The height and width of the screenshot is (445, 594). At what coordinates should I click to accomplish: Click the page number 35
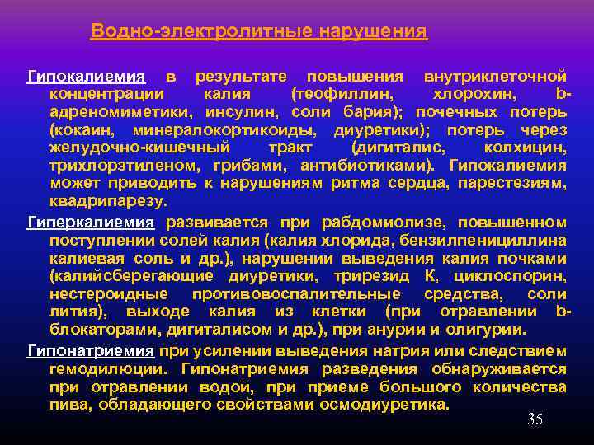pyautogui.click(x=535, y=420)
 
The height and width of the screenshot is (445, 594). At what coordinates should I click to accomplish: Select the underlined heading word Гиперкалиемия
pyautogui.click(x=91, y=222)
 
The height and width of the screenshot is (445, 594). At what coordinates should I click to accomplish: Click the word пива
pyautogui.click(x=69, y=405)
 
